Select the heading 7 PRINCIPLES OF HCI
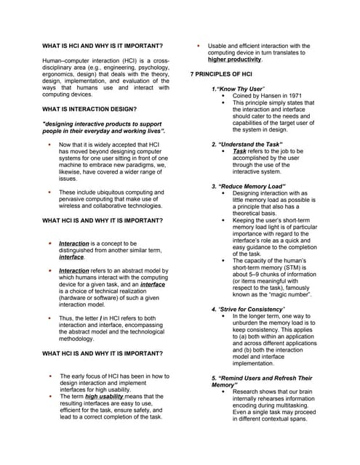point(223,75)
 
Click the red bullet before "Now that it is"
point(48,145)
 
